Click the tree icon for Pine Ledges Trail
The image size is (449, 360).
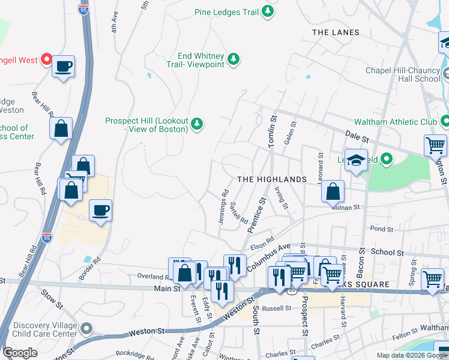(268, 12)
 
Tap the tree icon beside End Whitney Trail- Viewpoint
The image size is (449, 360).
(234, 59)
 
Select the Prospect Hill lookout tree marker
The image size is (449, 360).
(197, 125)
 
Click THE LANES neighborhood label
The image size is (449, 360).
(336, 32)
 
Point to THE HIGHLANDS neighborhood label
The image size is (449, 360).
(272, 179)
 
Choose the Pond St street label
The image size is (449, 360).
(381, 229)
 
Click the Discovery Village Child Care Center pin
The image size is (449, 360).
(87, 328)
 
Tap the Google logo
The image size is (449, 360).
(20, 353)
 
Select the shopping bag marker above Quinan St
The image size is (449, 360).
(333, 191)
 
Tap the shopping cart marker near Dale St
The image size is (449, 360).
(435, 145)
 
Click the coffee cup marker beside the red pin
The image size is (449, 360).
(63, 67)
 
